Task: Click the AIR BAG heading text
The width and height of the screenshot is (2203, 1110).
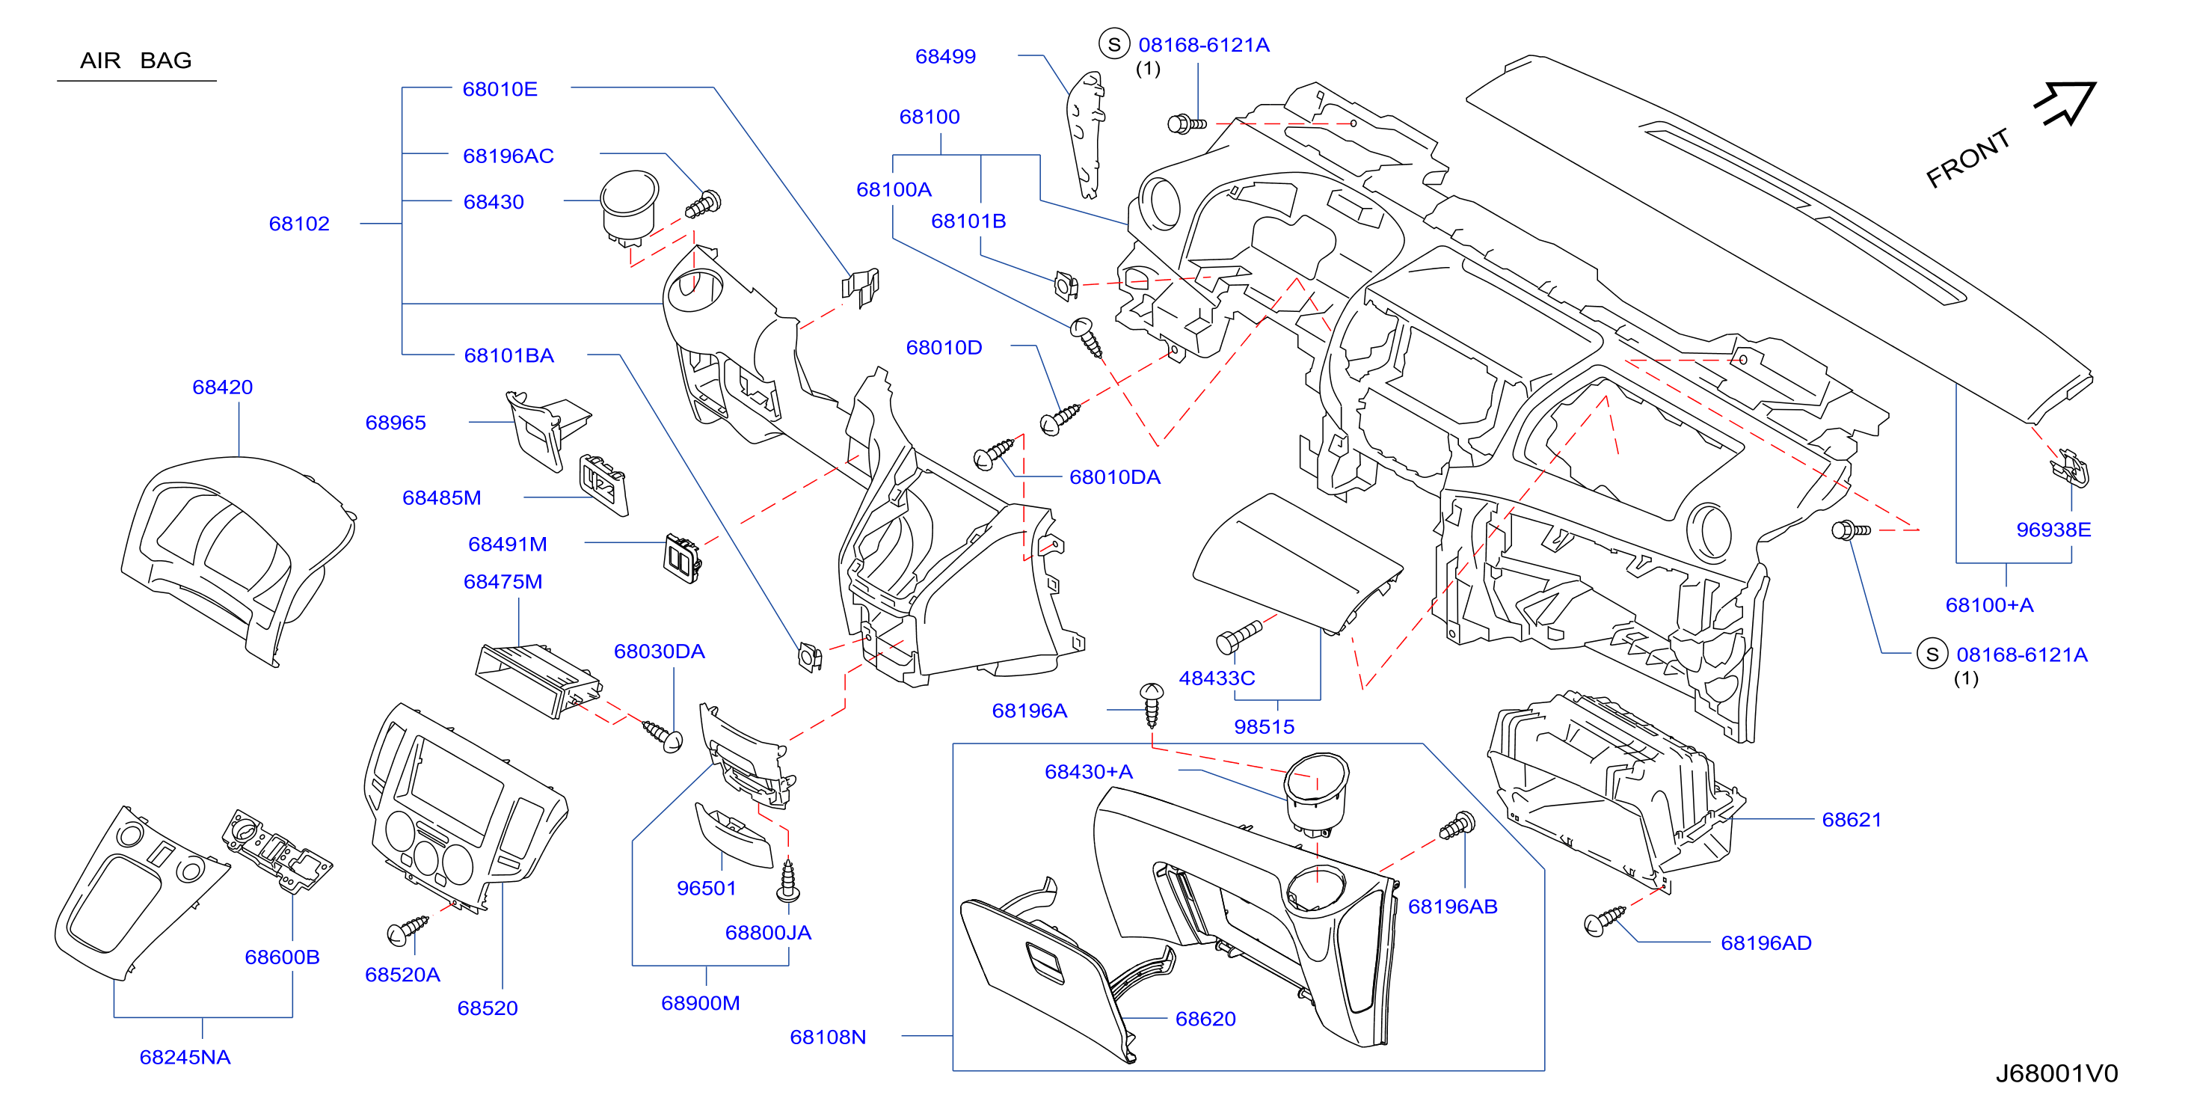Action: pos(136,61)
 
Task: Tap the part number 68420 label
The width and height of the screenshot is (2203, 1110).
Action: pos(222,387)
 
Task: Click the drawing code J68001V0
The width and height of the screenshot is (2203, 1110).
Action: pos(2056,1073)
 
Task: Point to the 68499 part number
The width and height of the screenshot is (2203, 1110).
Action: pos(945,56)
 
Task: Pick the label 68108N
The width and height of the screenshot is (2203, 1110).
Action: pos(828,1037)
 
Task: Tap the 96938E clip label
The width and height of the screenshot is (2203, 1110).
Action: pos(2053,530)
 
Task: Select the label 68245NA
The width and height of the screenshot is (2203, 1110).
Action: pos(185,1057)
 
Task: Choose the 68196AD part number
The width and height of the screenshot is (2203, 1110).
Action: pos(1766,943)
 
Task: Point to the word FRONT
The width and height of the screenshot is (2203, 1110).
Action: pos(1968,159)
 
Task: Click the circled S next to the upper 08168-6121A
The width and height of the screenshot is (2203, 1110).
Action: pos(1113,44)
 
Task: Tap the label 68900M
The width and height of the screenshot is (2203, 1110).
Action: pos(701,1003)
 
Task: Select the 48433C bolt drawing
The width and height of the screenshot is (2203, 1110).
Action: pos(1238,637)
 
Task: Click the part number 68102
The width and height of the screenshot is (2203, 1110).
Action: pos(299,224)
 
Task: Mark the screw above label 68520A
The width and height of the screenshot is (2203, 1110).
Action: pos(408,930)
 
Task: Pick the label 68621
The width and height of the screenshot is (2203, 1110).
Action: pos(1852,820)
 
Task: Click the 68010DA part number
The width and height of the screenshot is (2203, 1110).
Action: pos(1114,477)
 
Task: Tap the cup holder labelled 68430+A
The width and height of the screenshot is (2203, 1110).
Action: pos(1316,793)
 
